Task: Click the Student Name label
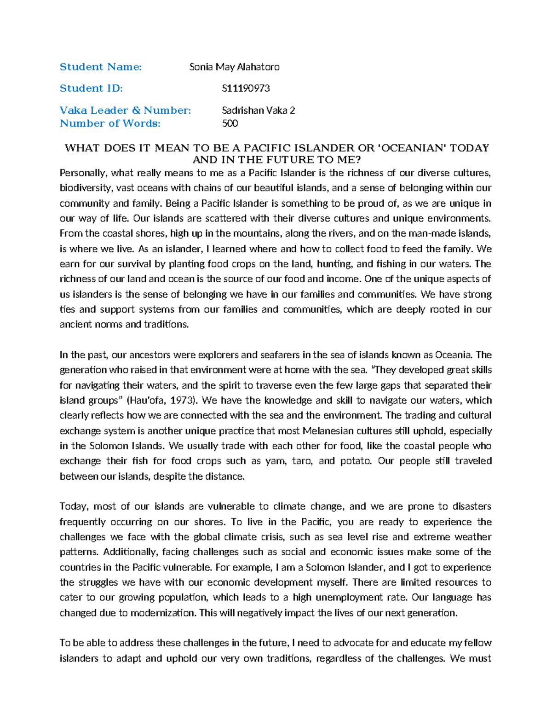click(x=100, y=67)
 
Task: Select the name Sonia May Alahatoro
click(x=234, y=67)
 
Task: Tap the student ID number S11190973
click(x=246, y=88)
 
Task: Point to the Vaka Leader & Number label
click(x=125, y=110)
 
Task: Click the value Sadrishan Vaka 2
click(x=258, y=110)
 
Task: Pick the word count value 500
click(x=230, y=123)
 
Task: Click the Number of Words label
click(x=110, y=123)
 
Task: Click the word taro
click(x=301, y=461)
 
